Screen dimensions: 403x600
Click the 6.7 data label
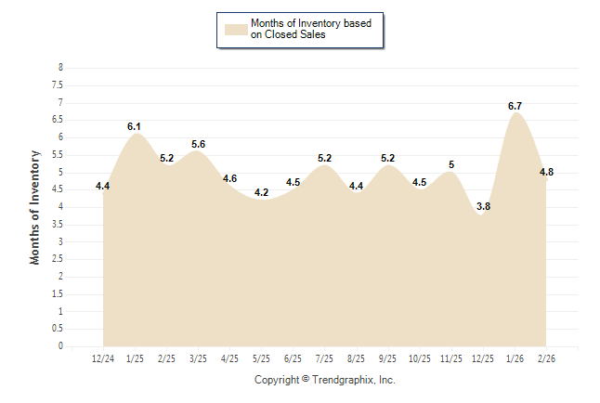point(515,106)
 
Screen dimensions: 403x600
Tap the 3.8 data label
point(483,206)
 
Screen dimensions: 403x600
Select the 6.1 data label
point(134,125)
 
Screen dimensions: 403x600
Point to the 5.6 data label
point(198,144)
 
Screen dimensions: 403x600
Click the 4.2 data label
point(261,192)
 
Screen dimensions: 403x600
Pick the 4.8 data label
point(546,172)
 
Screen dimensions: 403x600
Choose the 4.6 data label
point(229,178)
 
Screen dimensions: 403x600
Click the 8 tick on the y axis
point(60,68)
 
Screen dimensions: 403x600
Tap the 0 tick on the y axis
point(60,346)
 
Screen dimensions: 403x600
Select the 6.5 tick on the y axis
point(58,120)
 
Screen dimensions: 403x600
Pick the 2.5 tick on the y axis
point(58,259)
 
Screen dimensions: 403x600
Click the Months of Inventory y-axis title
point(35,207)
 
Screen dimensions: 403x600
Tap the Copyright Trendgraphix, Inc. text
point(325,380)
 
